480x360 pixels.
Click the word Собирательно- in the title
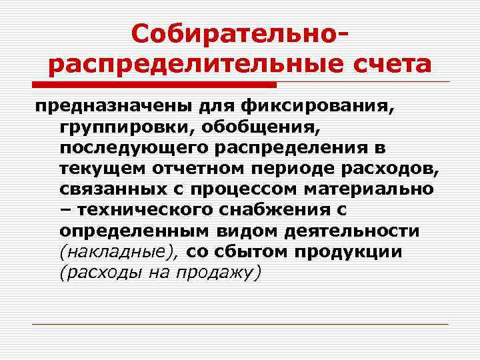click(x=240, y=34)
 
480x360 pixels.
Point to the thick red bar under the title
click(x=154, y=85)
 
